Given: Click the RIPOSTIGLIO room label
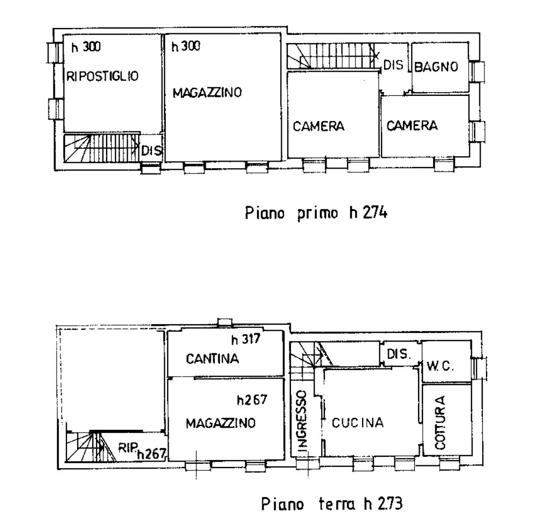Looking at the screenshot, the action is coord(102,76).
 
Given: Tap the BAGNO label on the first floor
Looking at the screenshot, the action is coord(436,67).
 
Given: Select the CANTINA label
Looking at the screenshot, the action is coord(212,359).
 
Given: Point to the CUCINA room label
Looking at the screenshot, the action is coord(357,423).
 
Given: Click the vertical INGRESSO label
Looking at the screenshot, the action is coord(302,421).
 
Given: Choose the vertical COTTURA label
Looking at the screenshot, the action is coord(440,423).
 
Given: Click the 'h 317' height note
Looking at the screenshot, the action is coord(245,339).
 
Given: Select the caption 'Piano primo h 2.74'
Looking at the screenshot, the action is coord(316,213).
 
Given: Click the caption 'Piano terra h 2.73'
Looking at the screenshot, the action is coord(332,504).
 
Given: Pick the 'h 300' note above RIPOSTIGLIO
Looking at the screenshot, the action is coord(86,47).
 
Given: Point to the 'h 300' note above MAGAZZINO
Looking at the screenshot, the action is coord(186,46).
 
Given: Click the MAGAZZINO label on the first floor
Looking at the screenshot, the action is coord(207,93).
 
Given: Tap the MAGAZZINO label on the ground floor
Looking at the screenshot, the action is coord(220,423).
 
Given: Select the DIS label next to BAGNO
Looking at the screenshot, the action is coord(394,65).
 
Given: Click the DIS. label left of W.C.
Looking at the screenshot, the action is coord(399,354).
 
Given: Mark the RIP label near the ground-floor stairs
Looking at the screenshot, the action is coord(128,448).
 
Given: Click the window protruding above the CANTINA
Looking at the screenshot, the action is coord(225,322).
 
